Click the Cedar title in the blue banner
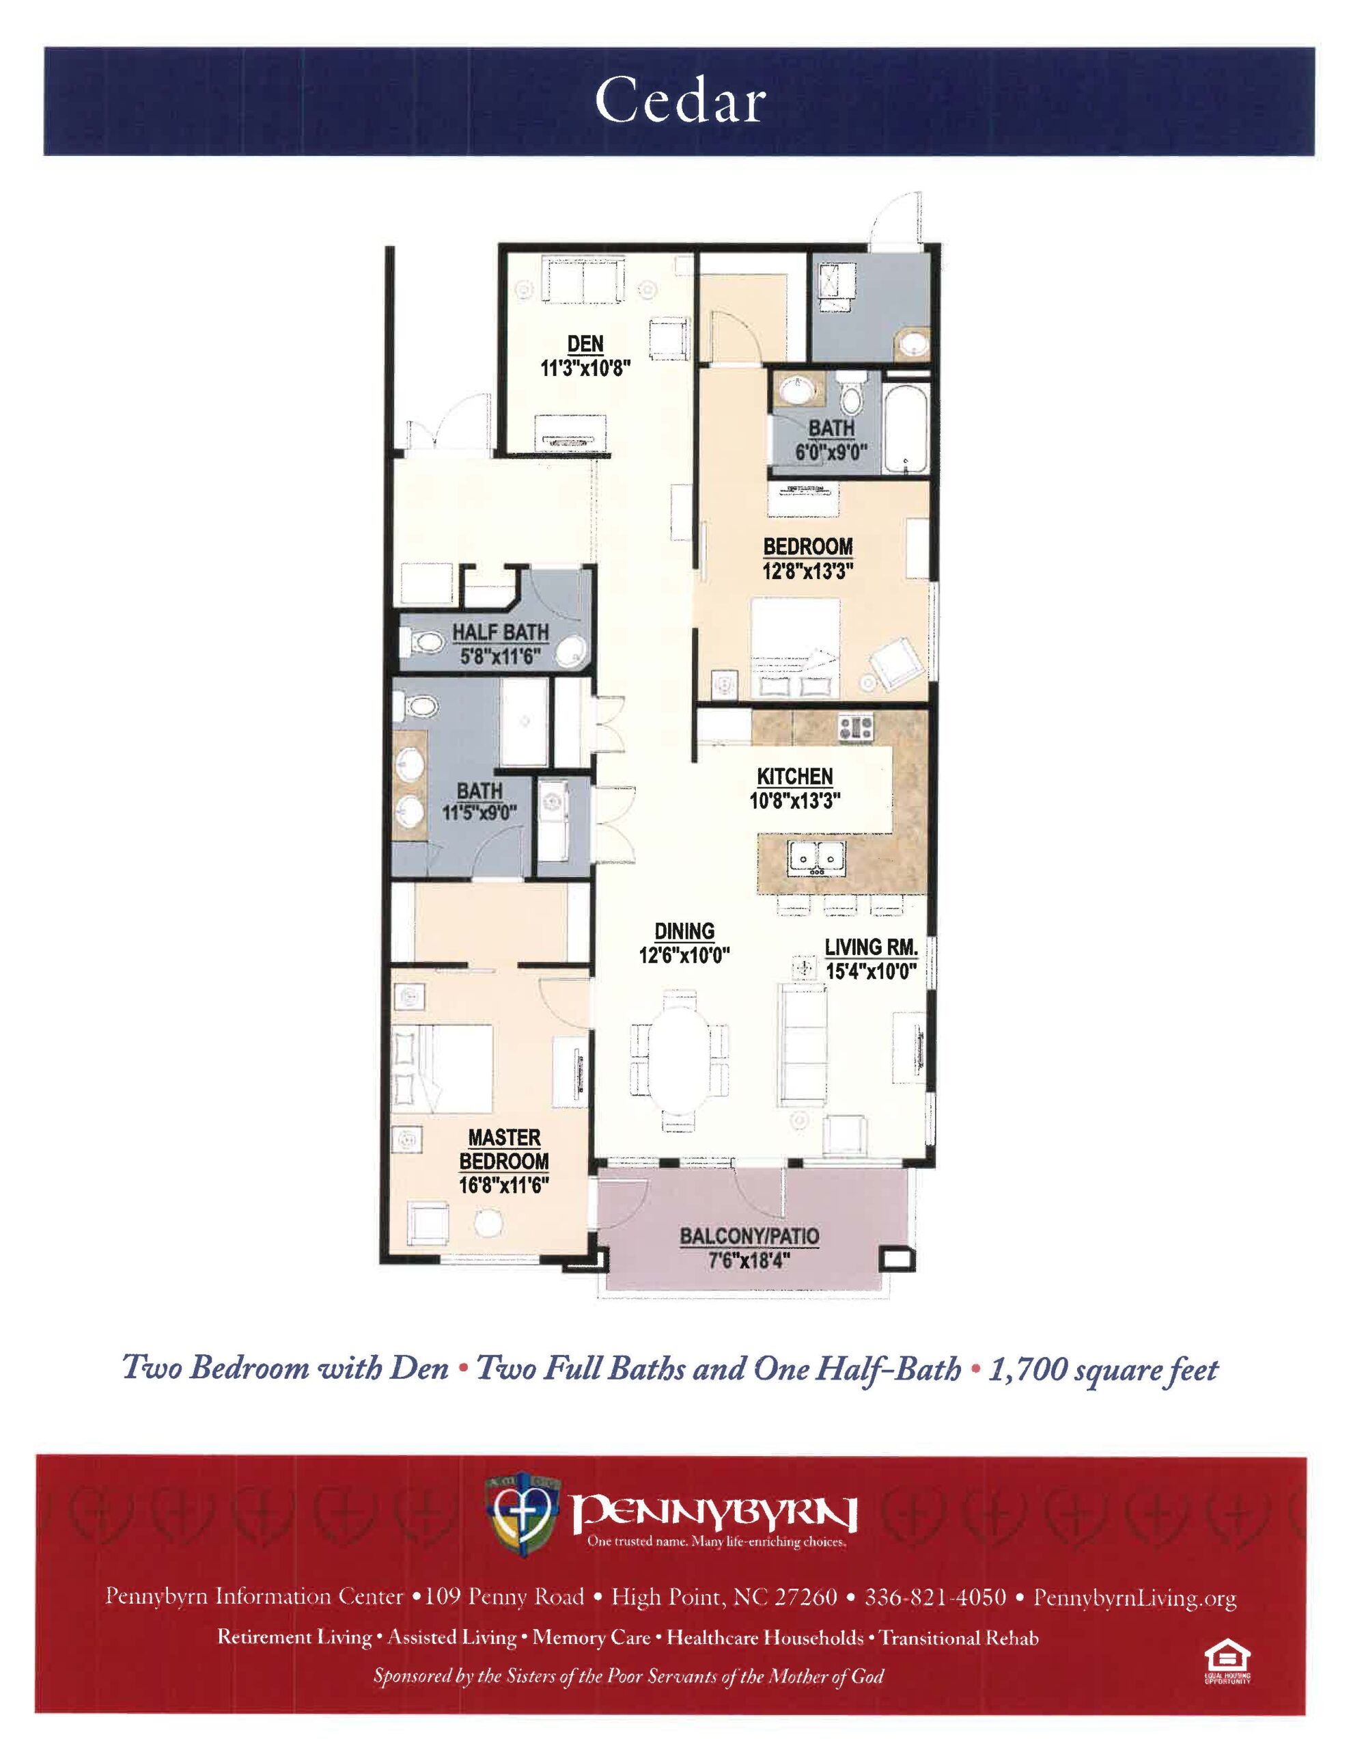[x=679, y=102]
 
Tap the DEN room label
[x=585, y=344]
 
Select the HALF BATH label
[x=501, y=632]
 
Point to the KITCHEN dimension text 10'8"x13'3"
[x=794, y=800]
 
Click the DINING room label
[x=684, y=931]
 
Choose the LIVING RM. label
[x=872, y=947]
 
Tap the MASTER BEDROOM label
[x=503, y=1149]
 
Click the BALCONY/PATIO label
[x=749, y=1235]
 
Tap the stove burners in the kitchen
[x=855, y=727]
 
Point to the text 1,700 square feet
[x=1103, y=1369]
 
